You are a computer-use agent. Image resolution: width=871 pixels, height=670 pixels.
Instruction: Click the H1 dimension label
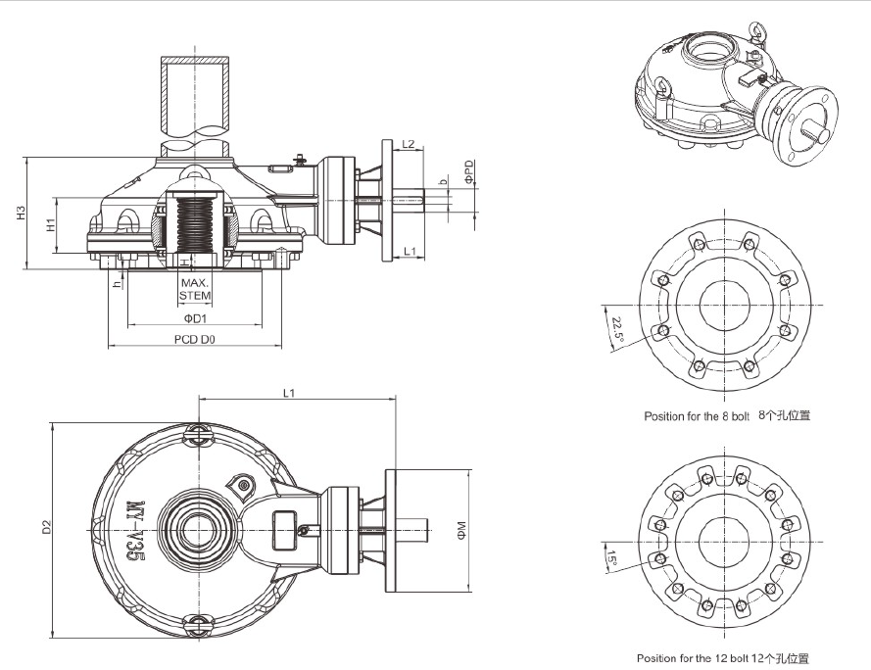click(50, 224)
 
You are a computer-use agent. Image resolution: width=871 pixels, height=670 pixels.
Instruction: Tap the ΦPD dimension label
click(470, 172)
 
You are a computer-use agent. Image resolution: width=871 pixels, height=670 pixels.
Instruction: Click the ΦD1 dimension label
click(194, 318)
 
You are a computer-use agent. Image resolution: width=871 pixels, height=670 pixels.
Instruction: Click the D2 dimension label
click(46, 527)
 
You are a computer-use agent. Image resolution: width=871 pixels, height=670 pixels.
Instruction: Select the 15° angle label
click(614, 560)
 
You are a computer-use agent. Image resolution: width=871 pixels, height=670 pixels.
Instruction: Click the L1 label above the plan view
click(289, 393)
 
